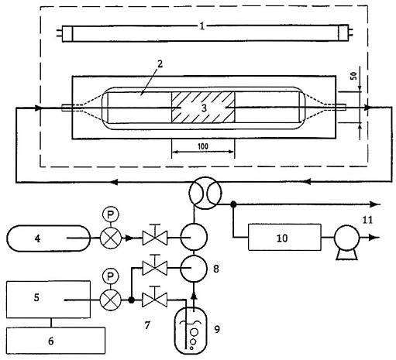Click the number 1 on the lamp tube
[202, 26]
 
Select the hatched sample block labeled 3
[203, 107]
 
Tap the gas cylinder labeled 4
[48, 238]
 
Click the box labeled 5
[48, 299]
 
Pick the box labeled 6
[56, 341]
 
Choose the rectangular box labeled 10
[284, 237]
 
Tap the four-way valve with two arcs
[205, 193]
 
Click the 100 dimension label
[203, 146]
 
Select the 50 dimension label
[353, 76]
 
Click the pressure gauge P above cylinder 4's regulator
[111, 214]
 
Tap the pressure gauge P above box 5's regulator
[111, 276]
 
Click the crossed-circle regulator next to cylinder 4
[111, 238]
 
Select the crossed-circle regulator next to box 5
[111, 300]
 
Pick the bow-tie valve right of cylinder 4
[155, 238]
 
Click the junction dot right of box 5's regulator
[131, 300]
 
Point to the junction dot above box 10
[233, 204]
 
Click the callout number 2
[160, 64]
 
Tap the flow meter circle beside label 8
[194, 269]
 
